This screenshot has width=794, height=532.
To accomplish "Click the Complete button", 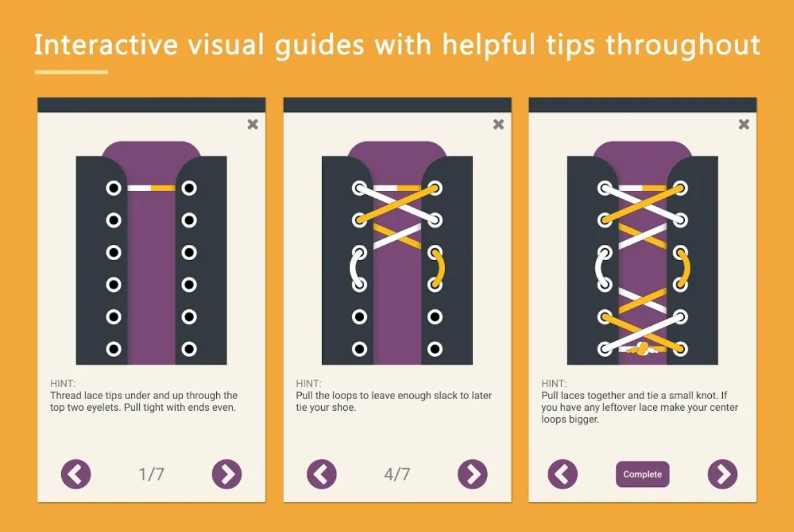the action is coord(642,474).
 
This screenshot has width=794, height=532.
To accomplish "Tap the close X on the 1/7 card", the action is coord(253,125).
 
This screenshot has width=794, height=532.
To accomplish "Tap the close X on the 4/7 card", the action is coord(498,125).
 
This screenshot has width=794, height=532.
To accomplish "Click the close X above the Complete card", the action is coord(744,125).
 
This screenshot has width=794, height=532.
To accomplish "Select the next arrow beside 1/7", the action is coord(227,474).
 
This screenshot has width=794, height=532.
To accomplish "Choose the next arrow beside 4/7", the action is coord(472,474).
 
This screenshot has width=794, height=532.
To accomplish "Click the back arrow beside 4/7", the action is coord(322,474).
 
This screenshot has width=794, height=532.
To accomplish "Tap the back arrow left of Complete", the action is coord(563,474).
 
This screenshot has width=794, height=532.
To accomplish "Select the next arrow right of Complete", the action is coord(722,474).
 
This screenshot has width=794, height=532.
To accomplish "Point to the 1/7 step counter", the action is coord(151,474).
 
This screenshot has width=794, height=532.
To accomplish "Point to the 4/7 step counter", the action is coord(397,474).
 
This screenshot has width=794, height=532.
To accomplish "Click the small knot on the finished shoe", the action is coord(642,350).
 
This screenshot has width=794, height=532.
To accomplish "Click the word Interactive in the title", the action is coord(105,45).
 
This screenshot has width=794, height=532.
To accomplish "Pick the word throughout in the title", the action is coord(683,45).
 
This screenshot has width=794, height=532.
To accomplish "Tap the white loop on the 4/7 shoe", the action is coord(353,268).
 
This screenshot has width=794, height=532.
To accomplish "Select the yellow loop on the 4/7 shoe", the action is coord(441,268).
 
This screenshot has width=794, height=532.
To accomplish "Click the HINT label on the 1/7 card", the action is coord(63,384).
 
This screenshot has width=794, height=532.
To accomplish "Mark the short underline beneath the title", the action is coord(71,72).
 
